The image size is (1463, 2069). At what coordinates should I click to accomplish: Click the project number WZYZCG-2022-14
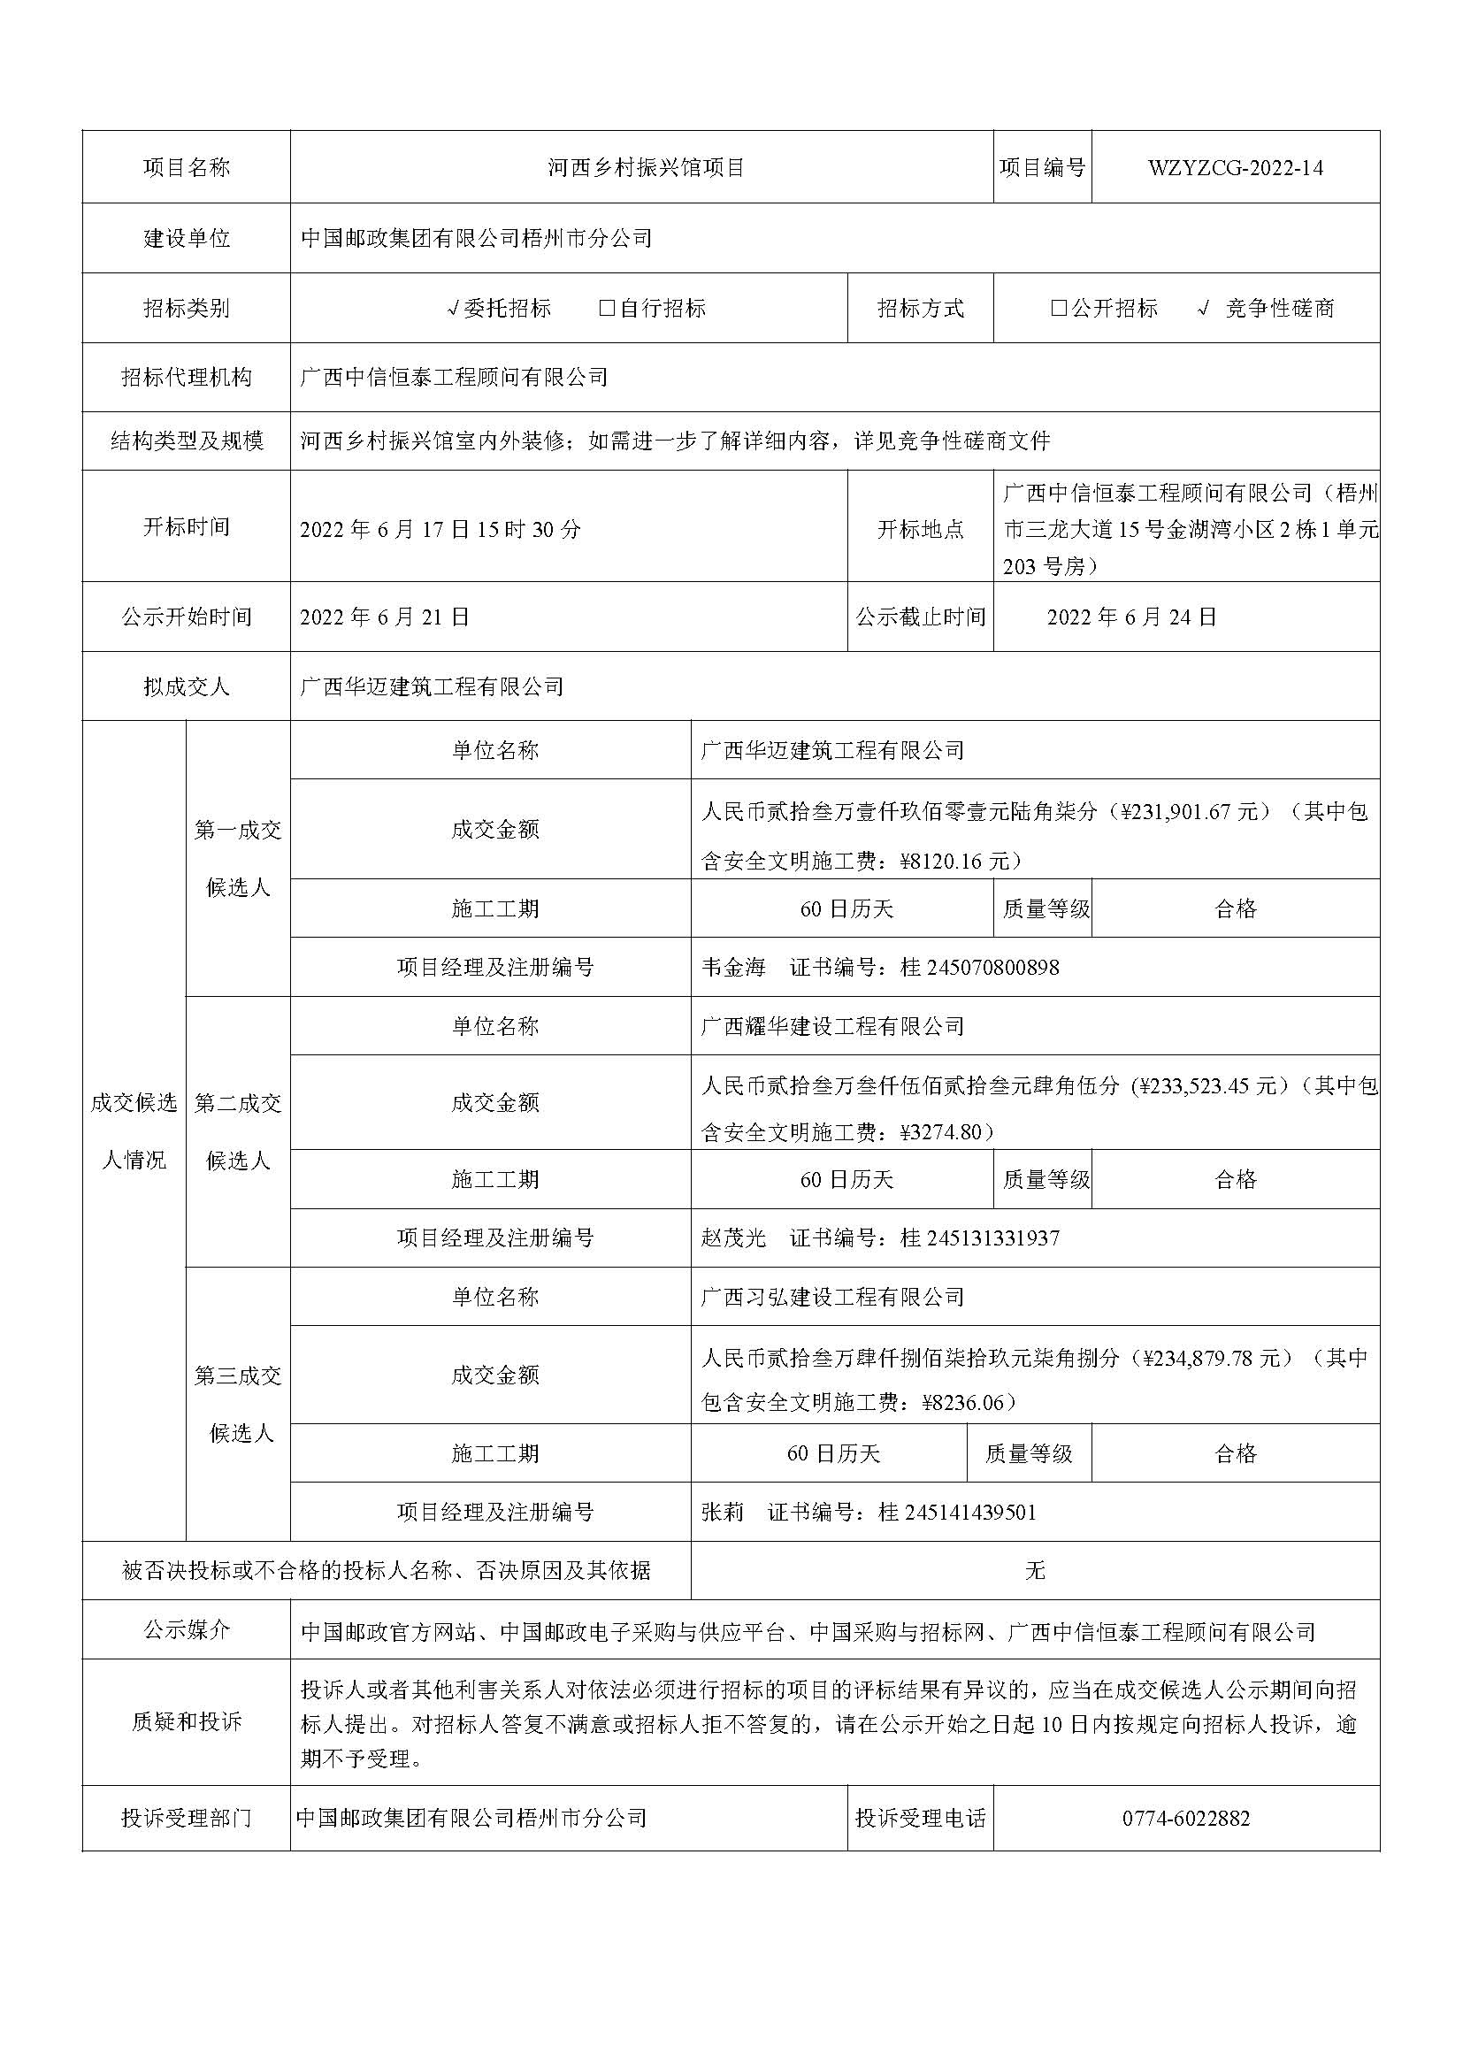pyautogui.click(x=1235, y=167)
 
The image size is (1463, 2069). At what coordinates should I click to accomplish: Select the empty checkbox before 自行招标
pyautogui.click(x=607, y=308)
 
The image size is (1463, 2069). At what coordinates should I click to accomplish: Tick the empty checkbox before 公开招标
pyautogui.click(x=1059, y=308)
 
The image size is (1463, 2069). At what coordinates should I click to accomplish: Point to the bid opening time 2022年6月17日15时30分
pyautogui.click(x=440, y=529)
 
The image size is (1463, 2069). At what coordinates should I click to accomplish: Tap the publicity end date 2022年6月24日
pyautogui.click(x=1131, y=617)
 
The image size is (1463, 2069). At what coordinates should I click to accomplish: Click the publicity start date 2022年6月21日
pyautogui.click(x=385, y=617)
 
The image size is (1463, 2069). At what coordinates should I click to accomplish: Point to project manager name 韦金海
pyautogui.click(x=732, y=968)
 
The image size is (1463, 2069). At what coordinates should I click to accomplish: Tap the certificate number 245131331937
pyautogui.click(x=992, y=1238)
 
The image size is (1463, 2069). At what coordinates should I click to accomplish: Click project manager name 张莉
pyautogui.click(x=723, y=1512)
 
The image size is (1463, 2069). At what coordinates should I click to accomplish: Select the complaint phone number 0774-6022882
pyautogui.click(x=1185, y=1819)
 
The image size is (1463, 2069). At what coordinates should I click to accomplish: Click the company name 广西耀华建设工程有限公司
pyautogui.click(x=832, y=1026)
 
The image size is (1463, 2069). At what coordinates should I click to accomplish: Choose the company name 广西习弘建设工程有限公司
pyautogui.click(x=832, y=1297)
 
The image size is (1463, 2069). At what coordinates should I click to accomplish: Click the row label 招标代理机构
pyautogui.click(x=187, y=378)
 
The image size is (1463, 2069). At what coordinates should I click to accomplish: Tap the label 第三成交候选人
pyautogui.click(x=239, y=1404)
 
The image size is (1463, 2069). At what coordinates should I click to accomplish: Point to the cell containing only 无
pyautogui.click(x=1035, y=1571)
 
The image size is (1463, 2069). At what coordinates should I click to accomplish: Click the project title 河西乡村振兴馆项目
pyautogui.click(x=646, y=167)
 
